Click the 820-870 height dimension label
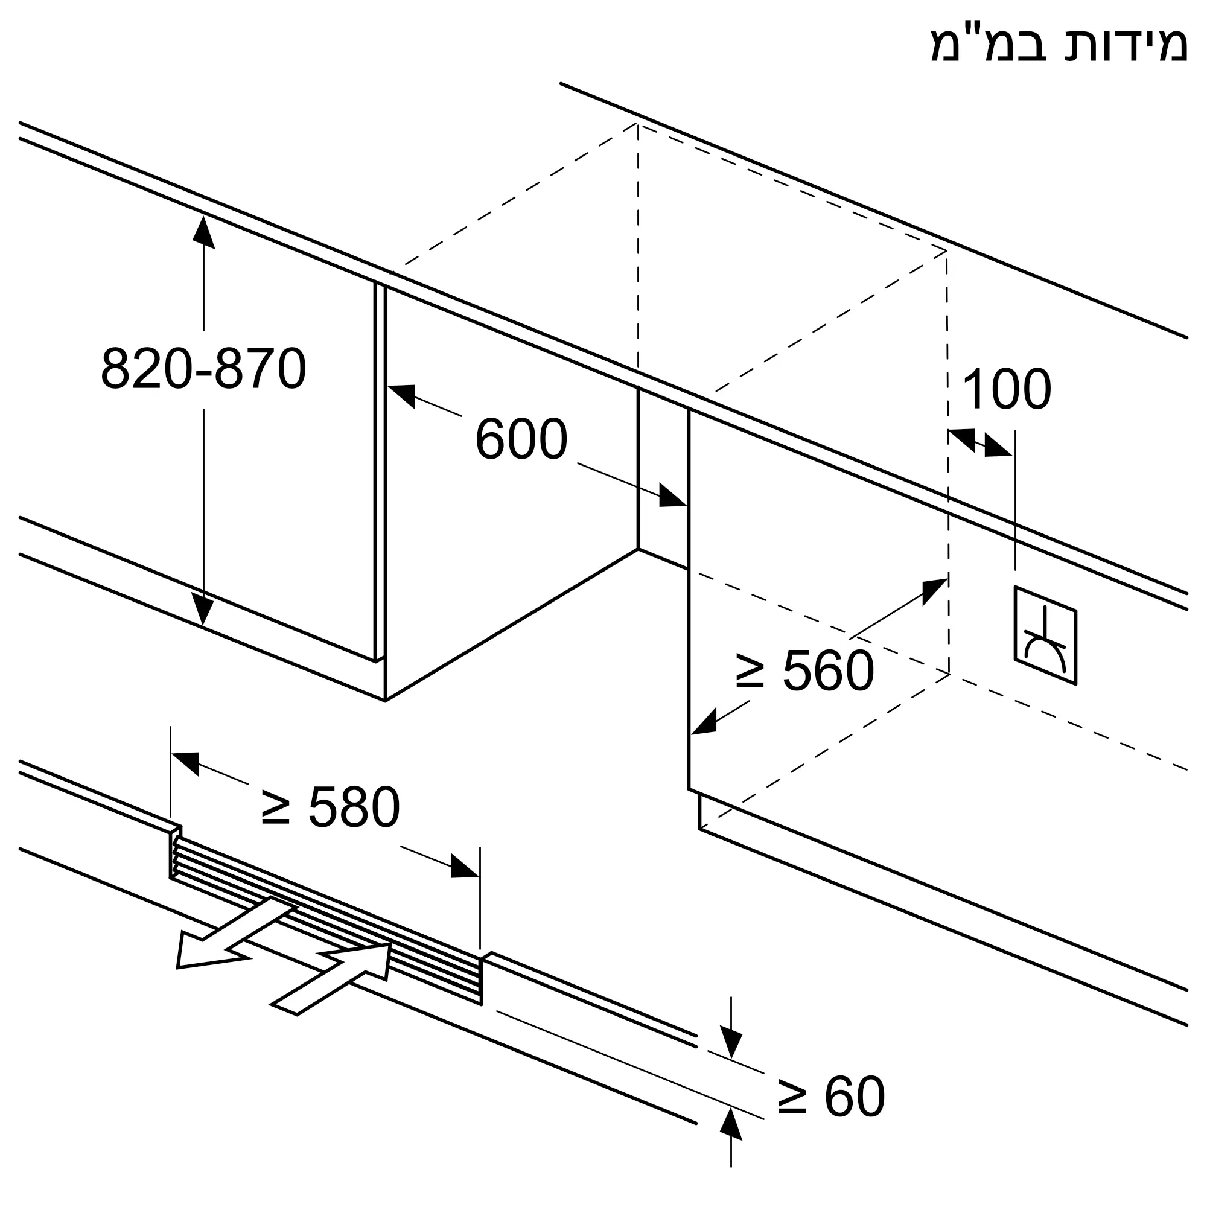(203, 369)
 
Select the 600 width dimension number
(521, 439)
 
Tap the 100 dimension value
(1007, 389)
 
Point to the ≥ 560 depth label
(804, 670)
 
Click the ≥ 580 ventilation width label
(331, 807)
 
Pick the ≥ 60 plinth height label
(832, 1097)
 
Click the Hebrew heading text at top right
(1060, 43)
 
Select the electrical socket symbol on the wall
(1045, 635)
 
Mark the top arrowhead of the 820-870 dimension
(203, 232)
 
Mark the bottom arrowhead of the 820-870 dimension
(202, 608)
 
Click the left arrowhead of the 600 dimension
(402, 395)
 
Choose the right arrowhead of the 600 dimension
(673, 495)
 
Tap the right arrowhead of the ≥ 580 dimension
(465, 867)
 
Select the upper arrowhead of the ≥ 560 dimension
(935, 591)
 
